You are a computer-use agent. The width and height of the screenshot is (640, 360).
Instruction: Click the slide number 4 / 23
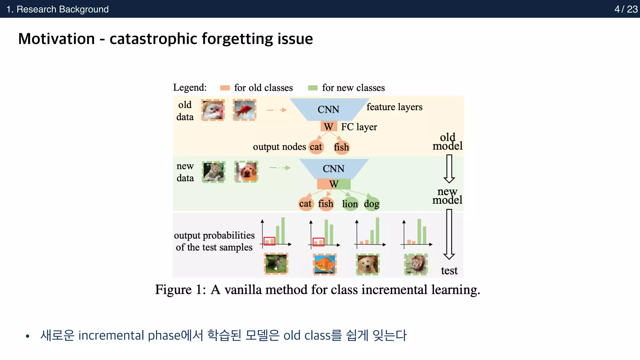click(x=626, y=9)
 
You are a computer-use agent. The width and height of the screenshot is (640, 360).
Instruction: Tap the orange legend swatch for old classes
click(x=225, y=88)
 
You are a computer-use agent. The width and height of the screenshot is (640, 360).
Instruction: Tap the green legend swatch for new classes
click(x=312, y=88)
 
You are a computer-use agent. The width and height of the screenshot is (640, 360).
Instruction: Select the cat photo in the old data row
click(x=213, y=110)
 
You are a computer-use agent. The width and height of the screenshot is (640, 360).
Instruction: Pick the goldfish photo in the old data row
click(x=245, y=110)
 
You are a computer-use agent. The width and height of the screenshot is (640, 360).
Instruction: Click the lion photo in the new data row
click(x=213, y=172)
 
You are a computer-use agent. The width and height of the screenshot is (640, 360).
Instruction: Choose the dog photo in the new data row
click(x=246, y=172)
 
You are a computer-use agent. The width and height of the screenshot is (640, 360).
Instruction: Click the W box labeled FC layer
click(x=328, y=127)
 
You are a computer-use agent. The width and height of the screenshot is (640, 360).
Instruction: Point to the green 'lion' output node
click(x=350, y=204)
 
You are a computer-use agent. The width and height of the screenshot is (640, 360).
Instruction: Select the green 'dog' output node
click(x=372, y=204)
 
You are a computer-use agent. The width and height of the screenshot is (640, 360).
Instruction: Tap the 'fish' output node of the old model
click(x=341, y=147)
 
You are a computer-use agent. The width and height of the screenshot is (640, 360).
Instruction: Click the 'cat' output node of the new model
click(x=305, y=204)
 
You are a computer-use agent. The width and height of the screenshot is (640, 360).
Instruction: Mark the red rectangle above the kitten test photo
click(x=269, y=241)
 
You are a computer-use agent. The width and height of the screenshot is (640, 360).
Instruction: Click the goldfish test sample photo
click(x=325, y=264)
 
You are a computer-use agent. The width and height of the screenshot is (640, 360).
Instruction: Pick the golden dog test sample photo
click(x=368, y=264)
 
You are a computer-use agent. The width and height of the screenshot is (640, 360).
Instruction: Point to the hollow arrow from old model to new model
click(x=449, y=169)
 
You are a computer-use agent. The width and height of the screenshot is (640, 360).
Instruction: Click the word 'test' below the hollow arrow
click(x=449, y=271)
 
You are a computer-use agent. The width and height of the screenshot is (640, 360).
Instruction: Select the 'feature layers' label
click(x=394, y=107)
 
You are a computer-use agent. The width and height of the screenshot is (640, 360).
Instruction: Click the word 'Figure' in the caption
click(x=173, y=290)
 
